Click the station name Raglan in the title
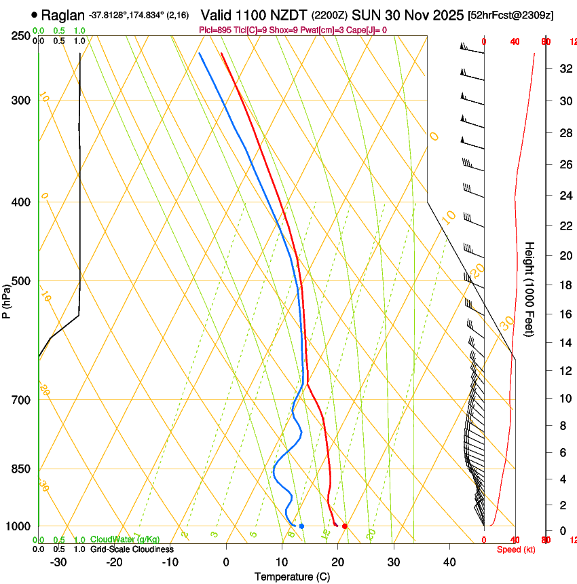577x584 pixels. (x=63, y=15)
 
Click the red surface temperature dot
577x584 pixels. (x=345, y=526)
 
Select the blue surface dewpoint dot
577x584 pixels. (x=301, y=526)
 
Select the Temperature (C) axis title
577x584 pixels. (x=292, y=577)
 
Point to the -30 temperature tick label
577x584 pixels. (x=58, y=562)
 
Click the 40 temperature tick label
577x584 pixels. (x=449, y=562)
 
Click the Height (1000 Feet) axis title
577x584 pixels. (x=529, y=289)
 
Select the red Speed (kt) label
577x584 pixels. (x=516, y=549)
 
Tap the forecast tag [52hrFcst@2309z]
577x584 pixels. (x=510, y=15)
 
